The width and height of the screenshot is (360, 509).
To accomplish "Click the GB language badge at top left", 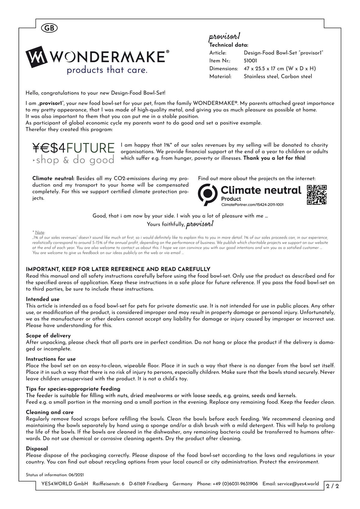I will [x=49, y=28].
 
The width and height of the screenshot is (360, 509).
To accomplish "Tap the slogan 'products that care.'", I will [x=107, y=70].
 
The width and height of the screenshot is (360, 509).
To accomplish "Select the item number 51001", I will [x=250, y=61].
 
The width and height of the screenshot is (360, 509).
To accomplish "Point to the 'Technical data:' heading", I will [x=229, y=45].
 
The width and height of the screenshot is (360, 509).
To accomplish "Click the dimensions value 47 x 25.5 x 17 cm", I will [x=280, y=68].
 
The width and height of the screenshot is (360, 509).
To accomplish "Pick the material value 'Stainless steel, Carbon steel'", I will [x=278, y=76].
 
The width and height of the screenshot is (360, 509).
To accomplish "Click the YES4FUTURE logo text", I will [x=73, y=148].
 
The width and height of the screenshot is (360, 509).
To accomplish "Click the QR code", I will [x=316, y=195].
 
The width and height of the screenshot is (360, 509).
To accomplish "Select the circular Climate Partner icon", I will [x=208, y=194].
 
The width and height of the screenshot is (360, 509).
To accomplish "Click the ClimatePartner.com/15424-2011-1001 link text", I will [x=252, y=205].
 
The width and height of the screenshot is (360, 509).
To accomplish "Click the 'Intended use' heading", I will [x=43, y=299].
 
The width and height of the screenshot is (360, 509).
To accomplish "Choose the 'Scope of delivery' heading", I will [x=48, y=335].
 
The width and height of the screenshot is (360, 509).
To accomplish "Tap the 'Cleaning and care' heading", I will [x=50, y=412].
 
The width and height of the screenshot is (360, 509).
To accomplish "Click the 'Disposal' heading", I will [x=37, y=448].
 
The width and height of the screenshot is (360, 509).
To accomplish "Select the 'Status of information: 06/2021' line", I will [x=55, y=475].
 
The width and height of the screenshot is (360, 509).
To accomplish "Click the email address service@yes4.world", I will [x=298, y=484].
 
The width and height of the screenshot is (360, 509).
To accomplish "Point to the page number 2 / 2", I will [x=333, y=486].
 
